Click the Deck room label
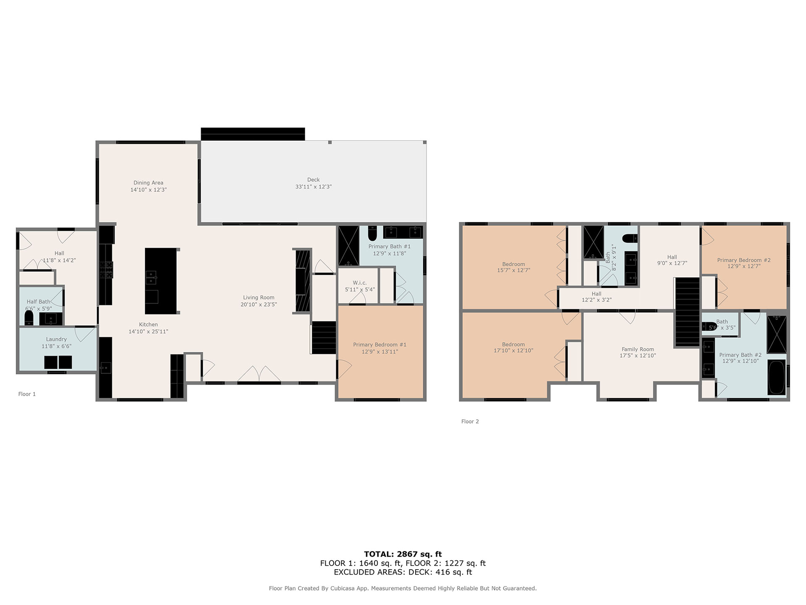313,179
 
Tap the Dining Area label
148,183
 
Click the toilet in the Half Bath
29,318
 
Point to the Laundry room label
56,339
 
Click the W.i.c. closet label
360,283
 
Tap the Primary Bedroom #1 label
379,345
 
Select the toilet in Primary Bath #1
372,233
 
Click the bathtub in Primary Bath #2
776,377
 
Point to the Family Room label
638,349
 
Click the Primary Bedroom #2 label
743,260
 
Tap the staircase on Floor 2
687,312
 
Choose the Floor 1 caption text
27,394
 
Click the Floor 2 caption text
470,421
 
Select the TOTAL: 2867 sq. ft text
403,554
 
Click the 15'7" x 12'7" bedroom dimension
513,271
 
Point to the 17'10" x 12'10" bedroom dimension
513,350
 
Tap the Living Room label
259,297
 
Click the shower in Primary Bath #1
348,246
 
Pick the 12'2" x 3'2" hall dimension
597,300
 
